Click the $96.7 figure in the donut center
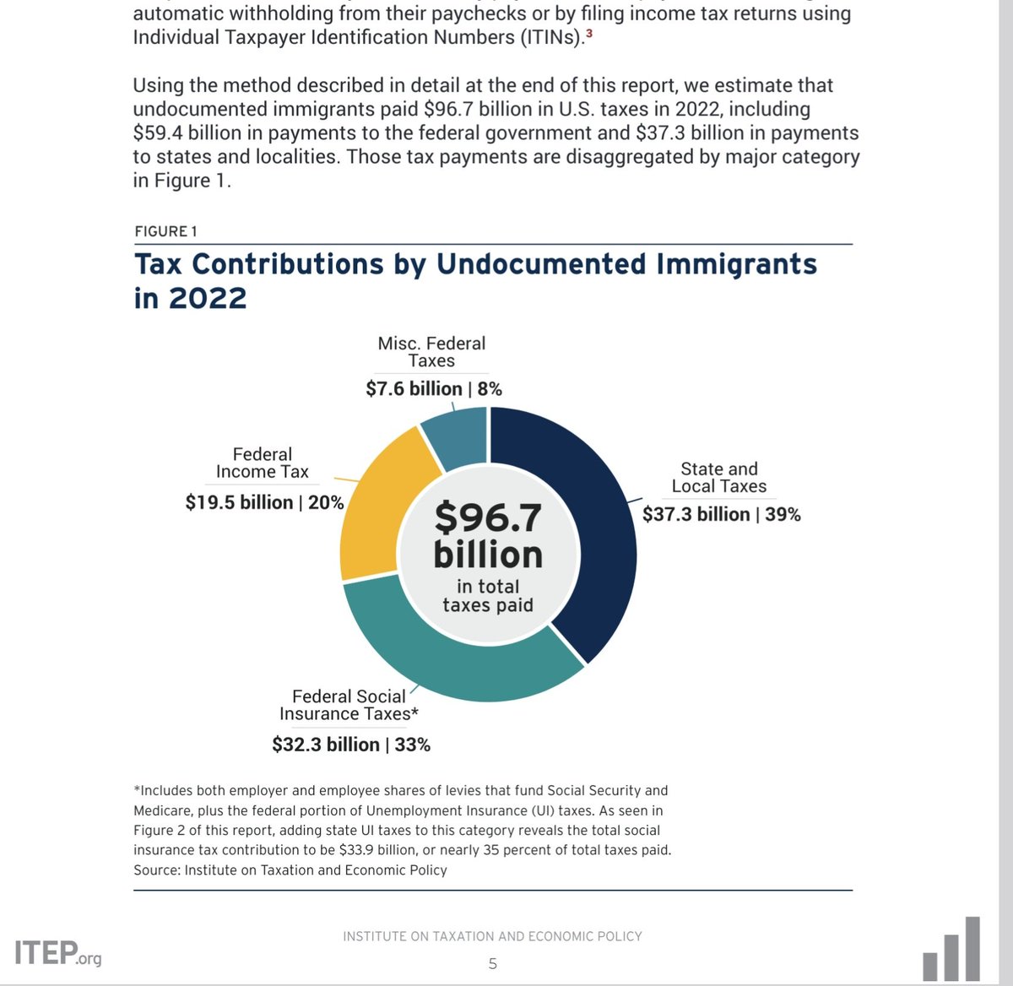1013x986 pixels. coord(488,517)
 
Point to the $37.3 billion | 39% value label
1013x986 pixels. coord(722,514)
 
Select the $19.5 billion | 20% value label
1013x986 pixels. coord(264,502)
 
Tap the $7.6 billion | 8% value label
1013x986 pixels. coord(434,388)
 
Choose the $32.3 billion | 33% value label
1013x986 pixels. coord(351,745)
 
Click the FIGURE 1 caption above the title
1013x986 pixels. coord(165,231)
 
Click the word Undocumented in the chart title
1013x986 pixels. coord(541,264)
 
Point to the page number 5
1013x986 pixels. coord(493,963)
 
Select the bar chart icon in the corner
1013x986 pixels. coord(952,950)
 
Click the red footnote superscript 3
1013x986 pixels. coord(588,35)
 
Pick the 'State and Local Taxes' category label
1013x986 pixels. coord(719,477)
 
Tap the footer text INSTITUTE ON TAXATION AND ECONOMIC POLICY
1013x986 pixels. coord(492,936)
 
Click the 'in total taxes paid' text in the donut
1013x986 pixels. coord(488,595)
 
